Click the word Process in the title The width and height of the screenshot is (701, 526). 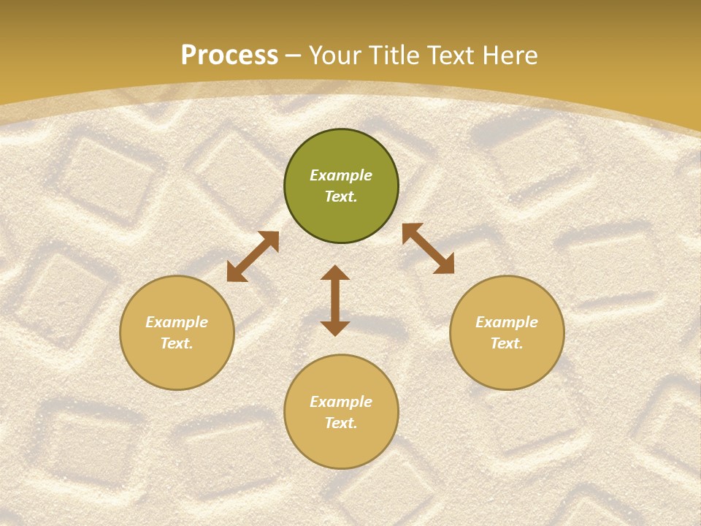coord(229,56)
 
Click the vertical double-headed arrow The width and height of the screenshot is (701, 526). coord(335,300)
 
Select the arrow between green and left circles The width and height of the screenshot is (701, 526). coord(253,256)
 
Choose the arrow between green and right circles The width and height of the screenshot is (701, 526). coord(428,249)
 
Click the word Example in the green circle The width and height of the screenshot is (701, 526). coord(341,175)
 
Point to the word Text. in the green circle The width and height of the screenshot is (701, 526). coord(341,197)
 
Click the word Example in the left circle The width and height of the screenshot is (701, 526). coord(177,322)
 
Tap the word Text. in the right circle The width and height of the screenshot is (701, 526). coord(507,343)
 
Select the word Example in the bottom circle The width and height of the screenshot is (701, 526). coord(341,402)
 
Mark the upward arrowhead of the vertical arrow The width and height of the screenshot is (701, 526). coord(335,272)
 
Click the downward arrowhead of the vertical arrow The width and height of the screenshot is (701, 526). coord(335,328)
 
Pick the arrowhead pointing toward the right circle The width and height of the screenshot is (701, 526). coord(445,265)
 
